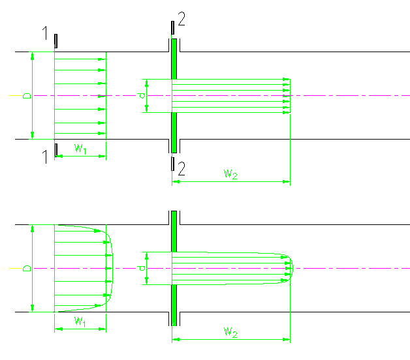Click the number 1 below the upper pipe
coord(46,157)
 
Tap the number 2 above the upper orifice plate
coord(181,20)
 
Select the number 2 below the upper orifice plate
coord(181,170)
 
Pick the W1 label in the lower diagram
coord(80,321)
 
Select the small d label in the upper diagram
coord(142,95)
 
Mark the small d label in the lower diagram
coord(142,268)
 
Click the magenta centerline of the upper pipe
coord(353,95)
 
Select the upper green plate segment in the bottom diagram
coord(174,231)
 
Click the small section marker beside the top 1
coord(56,40)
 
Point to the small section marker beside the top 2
coord(172,27)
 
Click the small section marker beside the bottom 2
coord(172,163)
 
